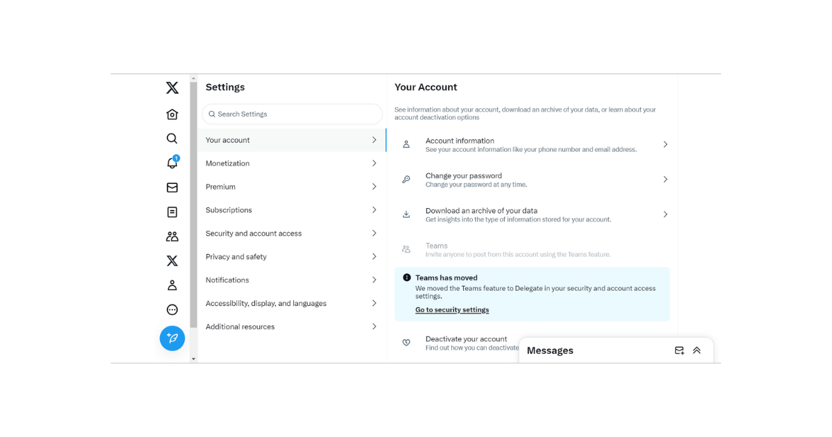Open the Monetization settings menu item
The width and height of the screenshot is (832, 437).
227,164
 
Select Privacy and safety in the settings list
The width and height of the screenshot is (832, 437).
236,257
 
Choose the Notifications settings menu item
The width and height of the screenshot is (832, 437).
227,280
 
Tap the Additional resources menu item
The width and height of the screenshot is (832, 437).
240,327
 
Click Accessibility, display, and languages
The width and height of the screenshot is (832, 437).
266,303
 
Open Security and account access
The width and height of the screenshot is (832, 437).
254,234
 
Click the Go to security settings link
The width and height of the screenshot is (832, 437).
452,310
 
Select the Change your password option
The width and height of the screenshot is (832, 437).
464,176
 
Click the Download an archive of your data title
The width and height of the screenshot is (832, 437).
481,211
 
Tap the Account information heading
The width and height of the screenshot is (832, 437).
460,141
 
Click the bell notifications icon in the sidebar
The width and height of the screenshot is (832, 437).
172,163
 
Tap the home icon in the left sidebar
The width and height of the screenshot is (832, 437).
172,114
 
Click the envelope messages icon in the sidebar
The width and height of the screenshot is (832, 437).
172,187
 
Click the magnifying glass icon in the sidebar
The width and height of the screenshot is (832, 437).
172,139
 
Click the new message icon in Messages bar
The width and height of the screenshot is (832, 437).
679,350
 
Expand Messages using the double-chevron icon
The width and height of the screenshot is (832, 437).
697,350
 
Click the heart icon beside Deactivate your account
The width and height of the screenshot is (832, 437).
406,343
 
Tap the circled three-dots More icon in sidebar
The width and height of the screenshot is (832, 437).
172,309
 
